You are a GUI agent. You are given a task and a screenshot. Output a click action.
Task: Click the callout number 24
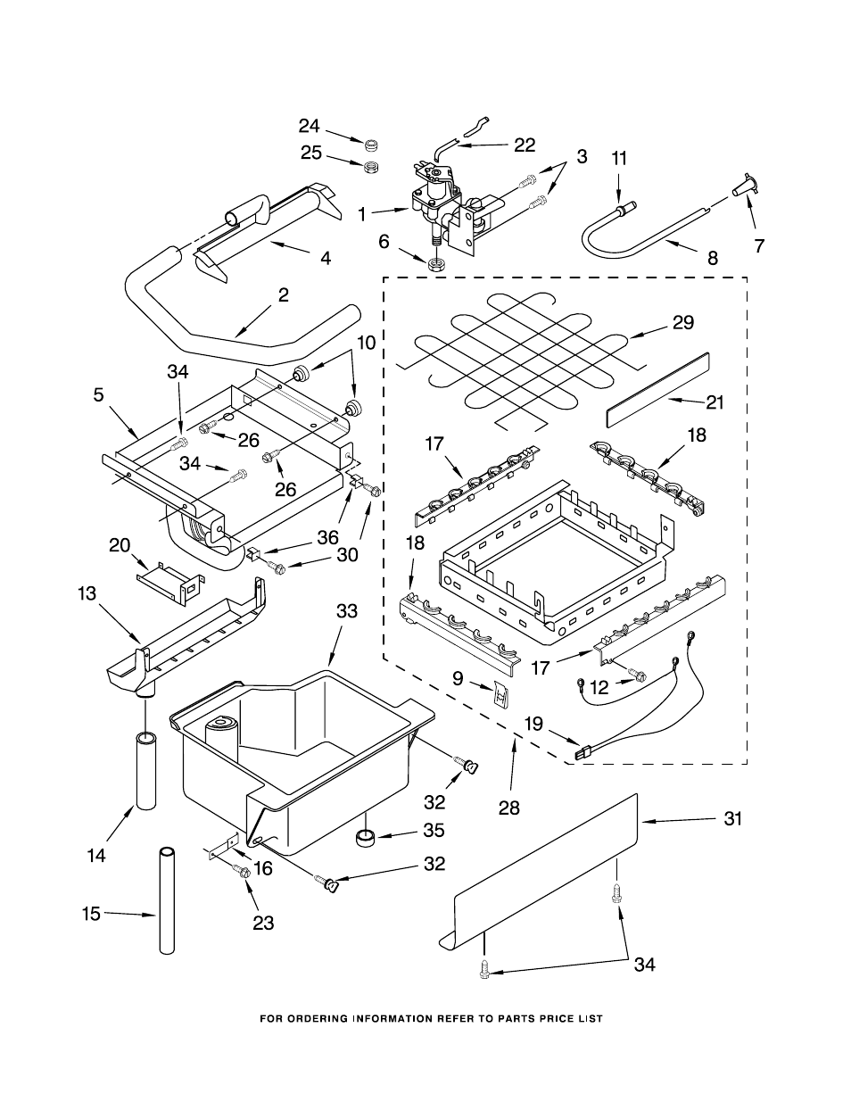tap(309, 126)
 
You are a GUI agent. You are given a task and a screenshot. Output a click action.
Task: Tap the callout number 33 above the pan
tap(346, 611)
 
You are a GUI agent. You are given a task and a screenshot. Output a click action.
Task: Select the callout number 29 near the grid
tap(683, 323)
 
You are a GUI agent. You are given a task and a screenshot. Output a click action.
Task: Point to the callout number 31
tap(732, 819)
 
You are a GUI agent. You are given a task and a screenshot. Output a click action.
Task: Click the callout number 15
tap(91, 914)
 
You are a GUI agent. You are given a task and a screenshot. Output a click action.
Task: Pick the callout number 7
tap(759, 246)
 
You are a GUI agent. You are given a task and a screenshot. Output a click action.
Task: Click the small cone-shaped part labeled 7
tap(742, 188)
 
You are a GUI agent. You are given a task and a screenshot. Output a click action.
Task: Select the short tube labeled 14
tap(146, 769)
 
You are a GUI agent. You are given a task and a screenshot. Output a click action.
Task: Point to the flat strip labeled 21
tap(658, 388)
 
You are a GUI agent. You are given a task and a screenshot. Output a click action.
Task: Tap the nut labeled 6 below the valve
tap(437, 265)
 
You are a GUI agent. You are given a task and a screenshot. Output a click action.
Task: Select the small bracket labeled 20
tap(168, 576)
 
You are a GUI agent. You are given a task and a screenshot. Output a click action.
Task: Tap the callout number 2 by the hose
tap(283, 295)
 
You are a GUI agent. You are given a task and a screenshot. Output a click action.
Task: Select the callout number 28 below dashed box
tap(509, 808)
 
